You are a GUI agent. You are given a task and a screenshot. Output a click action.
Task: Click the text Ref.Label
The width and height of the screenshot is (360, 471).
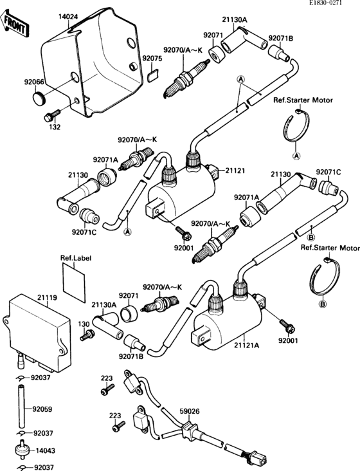click(x=76, y=259)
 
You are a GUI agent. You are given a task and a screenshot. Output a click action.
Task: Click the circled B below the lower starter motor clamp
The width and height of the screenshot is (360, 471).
click(x=323, y=303)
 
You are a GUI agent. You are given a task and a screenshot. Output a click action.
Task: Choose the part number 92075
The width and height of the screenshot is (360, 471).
click(x=152, y=58)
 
